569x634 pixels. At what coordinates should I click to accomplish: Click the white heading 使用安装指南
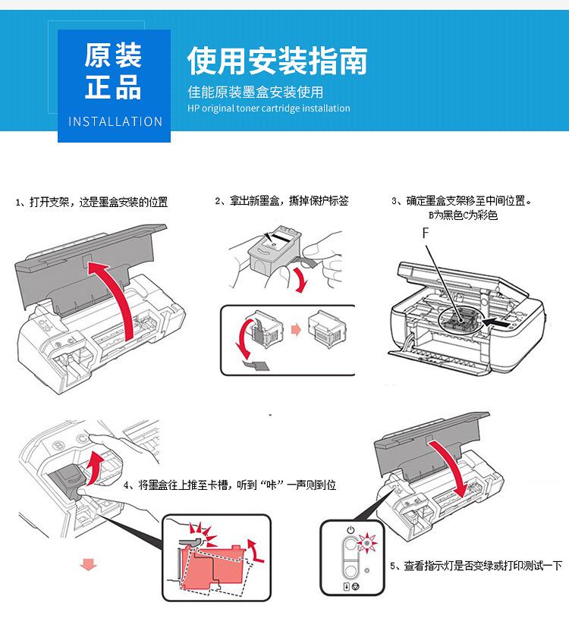tap(277, 61)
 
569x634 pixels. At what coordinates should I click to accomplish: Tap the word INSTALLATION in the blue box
tap(115, 121)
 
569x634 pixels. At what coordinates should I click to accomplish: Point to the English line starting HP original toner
tap(269, 108)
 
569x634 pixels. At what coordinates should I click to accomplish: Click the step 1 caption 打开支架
tap(91, 202)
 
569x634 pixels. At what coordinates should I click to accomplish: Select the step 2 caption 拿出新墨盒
tap(281, 201)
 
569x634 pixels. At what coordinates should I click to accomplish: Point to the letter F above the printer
tap(426, 234)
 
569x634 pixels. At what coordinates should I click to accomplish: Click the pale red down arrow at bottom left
tap(90, 565)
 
